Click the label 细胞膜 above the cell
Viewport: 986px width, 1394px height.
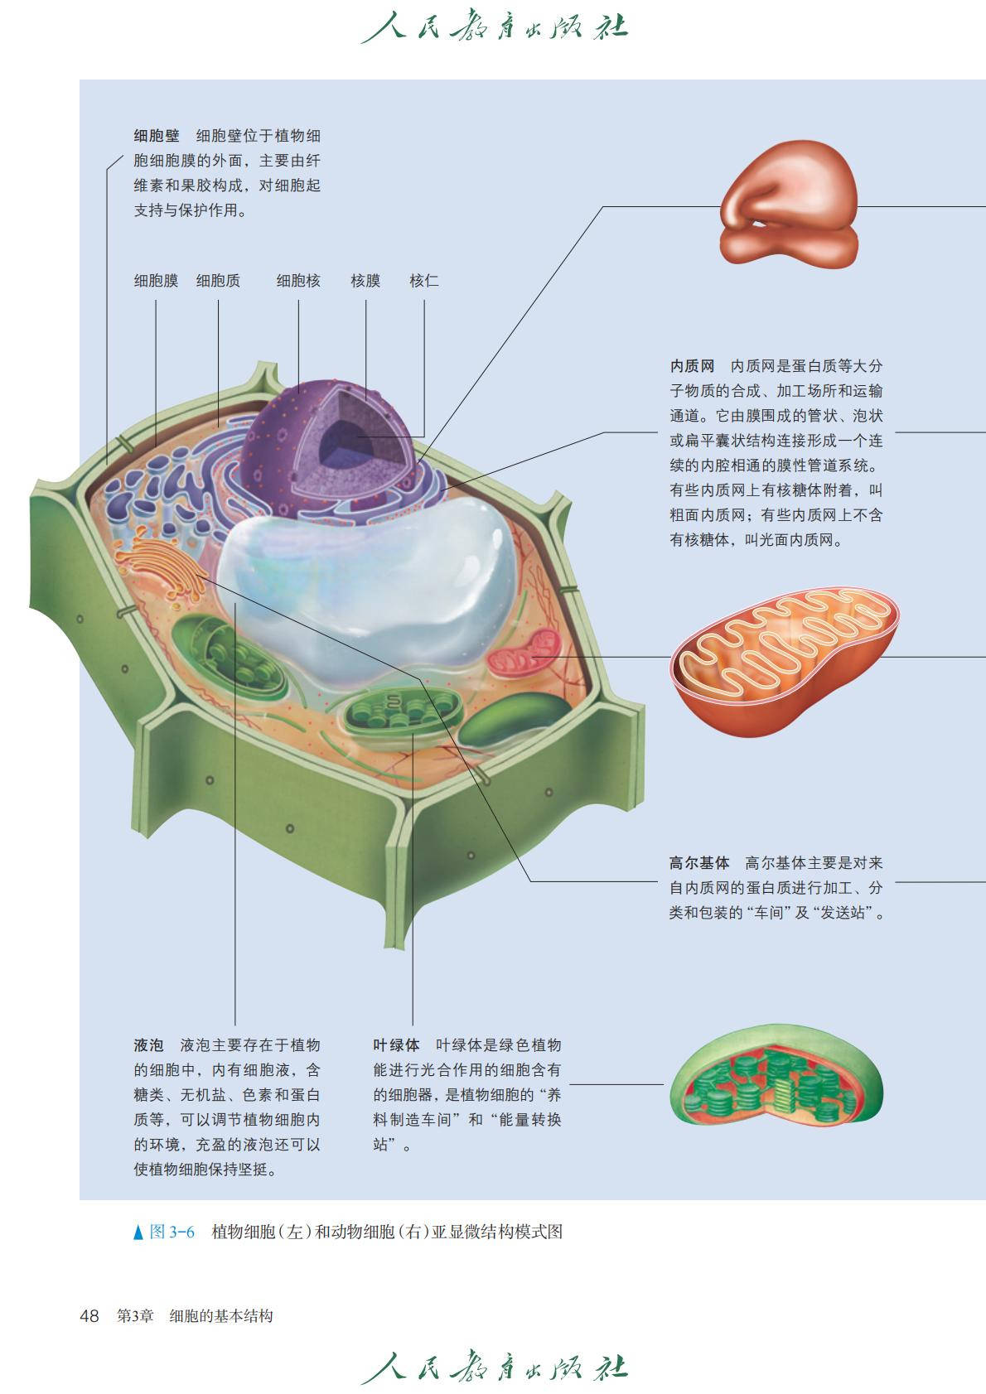point(156,281)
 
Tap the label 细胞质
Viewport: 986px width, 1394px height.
point(218,281)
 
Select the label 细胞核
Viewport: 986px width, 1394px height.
point(298,281)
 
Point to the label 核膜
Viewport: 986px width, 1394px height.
point(365,281)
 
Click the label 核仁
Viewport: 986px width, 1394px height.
point(423,281)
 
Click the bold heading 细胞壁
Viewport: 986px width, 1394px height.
point(157,136)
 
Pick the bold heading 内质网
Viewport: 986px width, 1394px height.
point(692,366)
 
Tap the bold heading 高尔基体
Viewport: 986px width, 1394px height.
point(699,863)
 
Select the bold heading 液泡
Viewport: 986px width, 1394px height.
point(149,1045)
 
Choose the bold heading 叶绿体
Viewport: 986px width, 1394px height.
point(396,1045)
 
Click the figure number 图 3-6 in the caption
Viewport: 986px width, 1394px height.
point(172,1232)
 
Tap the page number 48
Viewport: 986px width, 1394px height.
point(89,1315)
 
